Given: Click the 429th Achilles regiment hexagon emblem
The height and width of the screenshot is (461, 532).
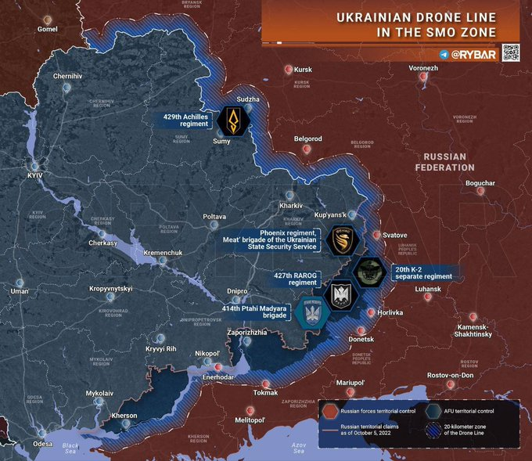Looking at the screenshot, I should tap(233, 120).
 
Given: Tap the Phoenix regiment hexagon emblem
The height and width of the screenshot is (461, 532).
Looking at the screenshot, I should tap(342, 240).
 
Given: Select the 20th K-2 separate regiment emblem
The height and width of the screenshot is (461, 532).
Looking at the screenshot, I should tap(366, 273).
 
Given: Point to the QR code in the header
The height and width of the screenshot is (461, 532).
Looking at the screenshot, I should tap(509, 53).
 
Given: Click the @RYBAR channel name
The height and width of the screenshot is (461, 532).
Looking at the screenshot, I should tap(473, 54).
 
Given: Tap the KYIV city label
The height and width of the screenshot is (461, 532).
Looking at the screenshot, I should tap(35, 175).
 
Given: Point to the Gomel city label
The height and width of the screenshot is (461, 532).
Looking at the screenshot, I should tap(48, 30).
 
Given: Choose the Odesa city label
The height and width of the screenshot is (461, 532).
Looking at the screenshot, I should tap(43, 444).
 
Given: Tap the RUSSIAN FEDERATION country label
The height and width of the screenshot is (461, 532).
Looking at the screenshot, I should tap(445, 162).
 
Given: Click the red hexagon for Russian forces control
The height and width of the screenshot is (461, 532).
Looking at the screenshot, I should tap(330, 411).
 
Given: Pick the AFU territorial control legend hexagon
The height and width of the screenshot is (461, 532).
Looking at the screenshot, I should tap(435, 411).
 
